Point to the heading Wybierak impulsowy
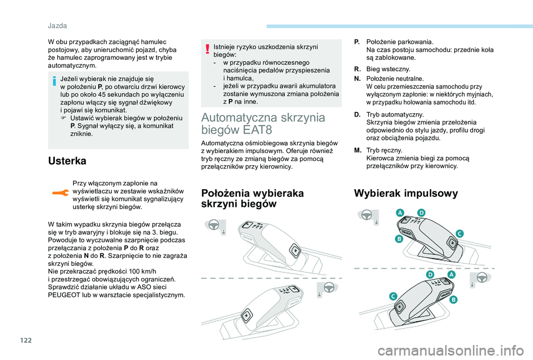[406, 194]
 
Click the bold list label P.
[356, 42]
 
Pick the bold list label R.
[356, 69]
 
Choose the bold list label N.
[356, 79]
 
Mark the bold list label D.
[356, 114]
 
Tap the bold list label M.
[356, 150]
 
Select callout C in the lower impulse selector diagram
[393, 297]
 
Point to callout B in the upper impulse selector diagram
[399, 239]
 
